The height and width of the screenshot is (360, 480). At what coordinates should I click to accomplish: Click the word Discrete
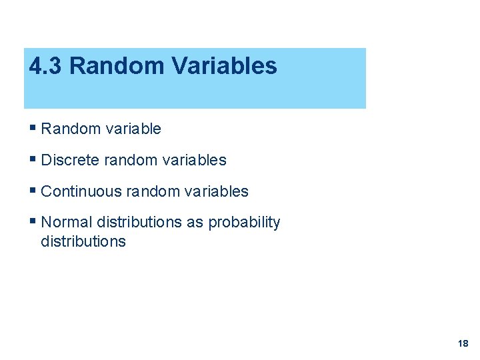click(70, 160)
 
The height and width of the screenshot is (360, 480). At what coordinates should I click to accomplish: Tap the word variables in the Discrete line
click(194, 160)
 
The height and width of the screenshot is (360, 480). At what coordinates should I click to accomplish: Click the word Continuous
click(81, 191)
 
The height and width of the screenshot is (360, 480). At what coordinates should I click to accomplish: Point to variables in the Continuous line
click(216, 191)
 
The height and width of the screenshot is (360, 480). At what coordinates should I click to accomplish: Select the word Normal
click(67, 222)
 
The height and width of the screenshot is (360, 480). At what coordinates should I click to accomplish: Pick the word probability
click(244, 223)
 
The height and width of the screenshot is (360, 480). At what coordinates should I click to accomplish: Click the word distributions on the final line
click(83, 241)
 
